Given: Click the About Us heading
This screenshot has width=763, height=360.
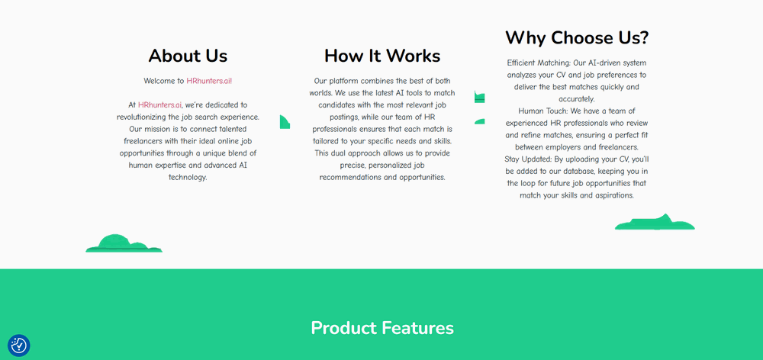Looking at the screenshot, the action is pyautogui.click(x=188, y=56).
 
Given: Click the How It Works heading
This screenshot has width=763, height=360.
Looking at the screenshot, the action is pyautogui.click(x=382, y=56).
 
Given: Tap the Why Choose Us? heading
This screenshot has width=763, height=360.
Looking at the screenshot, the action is pyautogui.click(x=577, y=37).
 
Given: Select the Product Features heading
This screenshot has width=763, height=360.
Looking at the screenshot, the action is pyautogui.click(x=382, y=328).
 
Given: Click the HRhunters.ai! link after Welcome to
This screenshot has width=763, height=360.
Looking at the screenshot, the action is pyautogui.click(x=209, y=81).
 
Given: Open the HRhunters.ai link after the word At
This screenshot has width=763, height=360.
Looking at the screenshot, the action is pyautogui.click(x=160, y=104).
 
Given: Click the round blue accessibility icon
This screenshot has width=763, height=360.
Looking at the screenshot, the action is pyautogui.click(x=19, y=346).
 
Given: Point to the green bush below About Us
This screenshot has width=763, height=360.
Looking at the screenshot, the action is pyautogui.click(x=124, y=243).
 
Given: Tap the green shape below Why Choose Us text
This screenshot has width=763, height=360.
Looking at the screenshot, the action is pyautogui.click(x=655, y=222).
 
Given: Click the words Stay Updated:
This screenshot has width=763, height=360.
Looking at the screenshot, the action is pyautogui.click(x=528, y=159).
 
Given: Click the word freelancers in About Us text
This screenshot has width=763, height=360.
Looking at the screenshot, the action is pyautogui.click(x=140, y=141).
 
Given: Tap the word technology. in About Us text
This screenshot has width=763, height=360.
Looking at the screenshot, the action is pyautogui.click(x=188, y=178).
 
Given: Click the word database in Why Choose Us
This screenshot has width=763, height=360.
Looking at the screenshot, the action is pyautogui.click(x=579, y=172).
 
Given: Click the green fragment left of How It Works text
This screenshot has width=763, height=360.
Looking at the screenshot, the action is pyautogui.click(x=285, y=122).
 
